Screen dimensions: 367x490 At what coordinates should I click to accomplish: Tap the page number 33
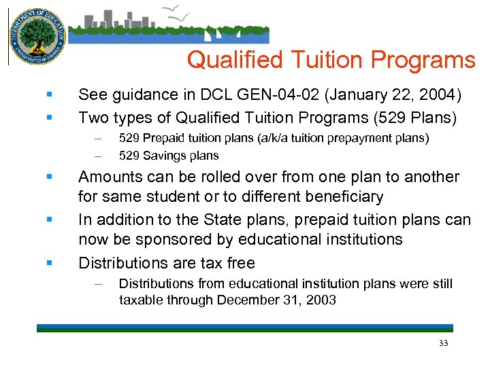point(444,343)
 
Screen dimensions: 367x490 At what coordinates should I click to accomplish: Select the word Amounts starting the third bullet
point(107,177)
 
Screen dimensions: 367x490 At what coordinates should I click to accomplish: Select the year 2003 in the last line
point(321,300)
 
